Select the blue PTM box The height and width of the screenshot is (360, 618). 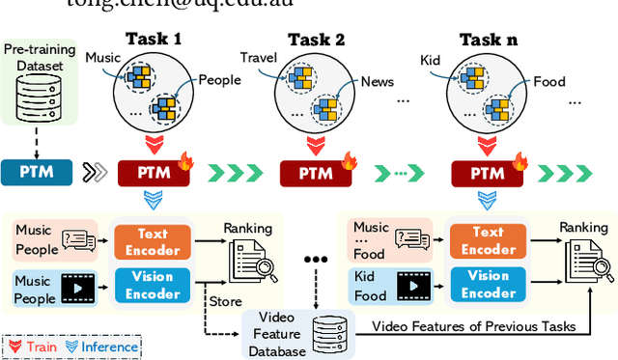click(42, 174)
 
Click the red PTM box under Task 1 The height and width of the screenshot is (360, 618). click(150, 174)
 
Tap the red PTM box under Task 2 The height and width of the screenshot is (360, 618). click(313, 174)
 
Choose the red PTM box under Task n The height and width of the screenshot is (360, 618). click(484, 174)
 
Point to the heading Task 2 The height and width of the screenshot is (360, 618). click(318, 40)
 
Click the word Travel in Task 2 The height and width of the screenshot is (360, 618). click(258, 57)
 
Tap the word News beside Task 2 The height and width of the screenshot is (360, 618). click(377, 82)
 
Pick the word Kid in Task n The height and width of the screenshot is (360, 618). click(430, 60)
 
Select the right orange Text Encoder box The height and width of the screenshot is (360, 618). click(488, 239)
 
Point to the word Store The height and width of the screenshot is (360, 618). click(225, 302)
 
